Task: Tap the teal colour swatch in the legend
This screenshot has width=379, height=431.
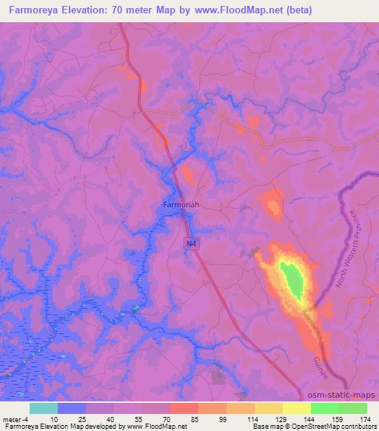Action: [x=44, y=408]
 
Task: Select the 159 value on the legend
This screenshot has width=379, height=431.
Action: [x=338, y=419]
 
